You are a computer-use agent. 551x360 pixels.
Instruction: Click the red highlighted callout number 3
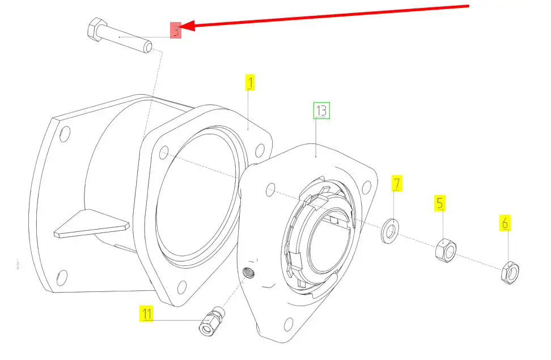point(177,30)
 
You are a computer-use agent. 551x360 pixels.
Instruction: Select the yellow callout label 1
point(250,83)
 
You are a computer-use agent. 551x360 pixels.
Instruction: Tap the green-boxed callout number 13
point(321,111)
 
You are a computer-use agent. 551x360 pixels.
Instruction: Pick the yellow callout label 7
point(397,184)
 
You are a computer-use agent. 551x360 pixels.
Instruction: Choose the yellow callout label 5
point(440,203)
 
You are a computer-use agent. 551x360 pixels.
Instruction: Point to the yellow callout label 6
point(505,223)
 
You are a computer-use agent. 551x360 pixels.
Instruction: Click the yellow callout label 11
point(147,313)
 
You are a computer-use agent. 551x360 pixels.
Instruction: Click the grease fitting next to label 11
point(212,321)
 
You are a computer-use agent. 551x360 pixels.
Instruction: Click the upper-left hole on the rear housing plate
point(65,134)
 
